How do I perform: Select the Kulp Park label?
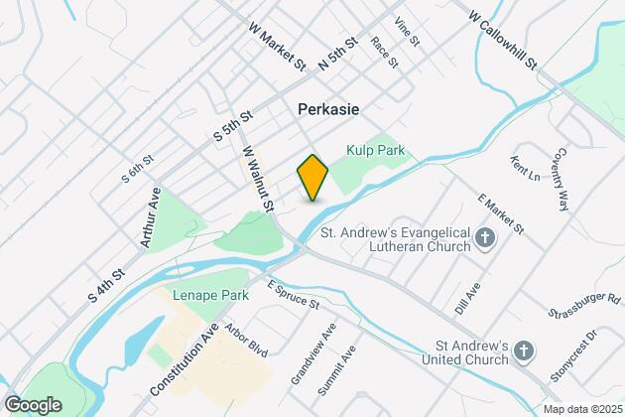[374, 150]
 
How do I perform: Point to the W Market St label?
[279, 49]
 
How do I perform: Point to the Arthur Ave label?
[151, 220]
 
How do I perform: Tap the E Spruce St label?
[293, 293]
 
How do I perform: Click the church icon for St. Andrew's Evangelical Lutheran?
[485, 236]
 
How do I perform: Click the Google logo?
[33, 404]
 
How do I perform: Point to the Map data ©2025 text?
[581, 408]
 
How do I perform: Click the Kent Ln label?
[524, 174]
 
